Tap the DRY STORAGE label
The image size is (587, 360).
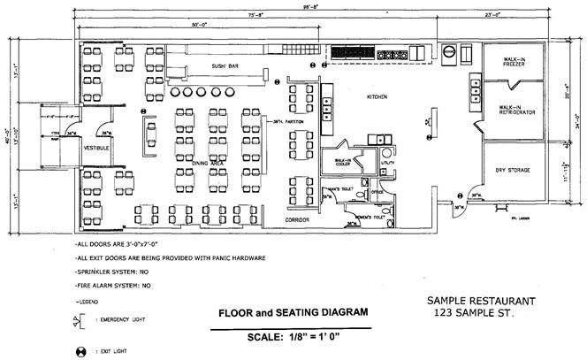513,170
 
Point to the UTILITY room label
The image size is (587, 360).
386,164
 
